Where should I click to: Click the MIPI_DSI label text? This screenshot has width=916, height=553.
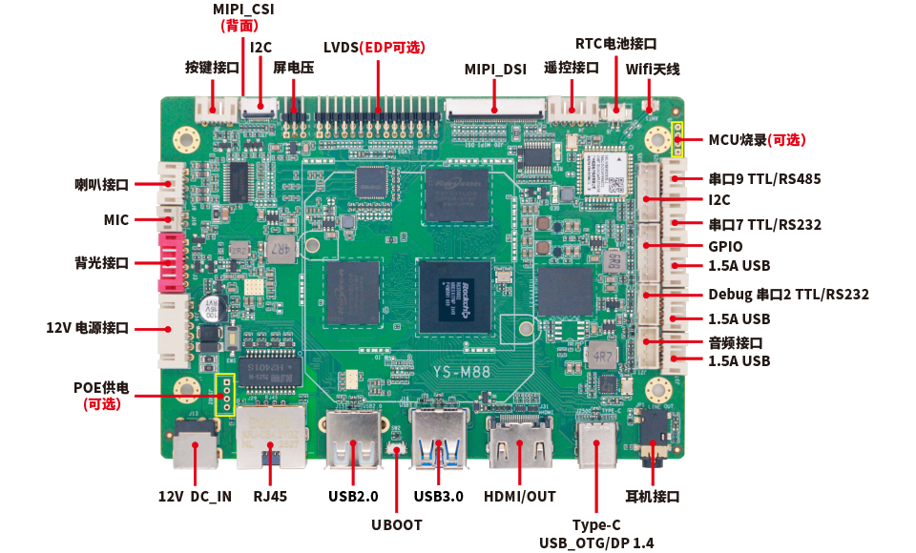496,70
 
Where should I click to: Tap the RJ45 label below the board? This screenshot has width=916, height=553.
270,496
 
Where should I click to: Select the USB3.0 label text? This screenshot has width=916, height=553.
439,496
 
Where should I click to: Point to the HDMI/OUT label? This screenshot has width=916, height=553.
520,496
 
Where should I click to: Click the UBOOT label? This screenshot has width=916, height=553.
397,524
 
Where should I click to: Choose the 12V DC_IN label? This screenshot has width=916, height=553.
195,496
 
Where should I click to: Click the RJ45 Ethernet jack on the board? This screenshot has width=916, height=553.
272,434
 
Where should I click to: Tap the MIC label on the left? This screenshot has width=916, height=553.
116,220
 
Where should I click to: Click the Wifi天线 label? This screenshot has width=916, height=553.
653,70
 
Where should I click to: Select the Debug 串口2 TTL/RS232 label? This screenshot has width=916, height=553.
788,295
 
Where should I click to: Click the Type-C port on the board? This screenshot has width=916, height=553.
598,442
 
